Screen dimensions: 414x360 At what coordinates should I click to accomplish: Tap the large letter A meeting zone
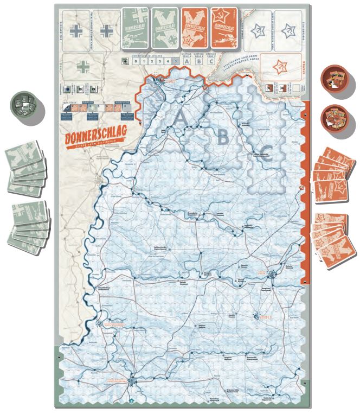181,116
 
